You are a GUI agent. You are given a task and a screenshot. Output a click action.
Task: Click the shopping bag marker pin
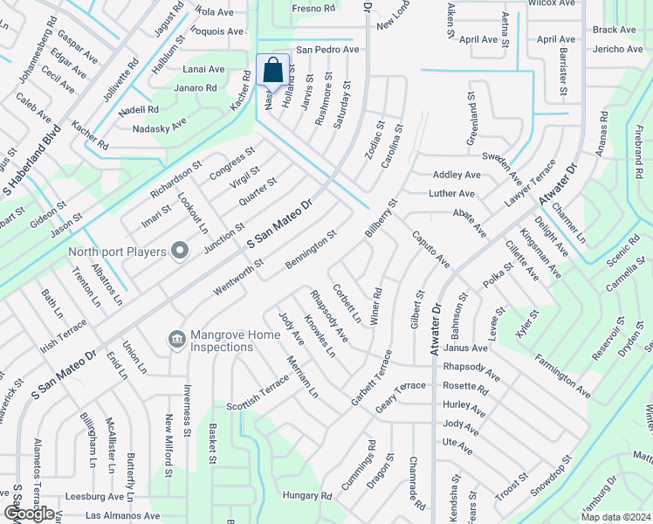tap(272, 70)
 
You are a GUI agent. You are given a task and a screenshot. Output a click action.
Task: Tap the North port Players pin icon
tap(180, 252)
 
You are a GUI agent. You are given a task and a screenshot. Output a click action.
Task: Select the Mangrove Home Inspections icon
tap(176, 338)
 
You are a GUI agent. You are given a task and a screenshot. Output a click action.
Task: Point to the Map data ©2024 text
tap(616, 517)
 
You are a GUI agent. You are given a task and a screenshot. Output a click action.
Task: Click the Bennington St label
tap(311, 250)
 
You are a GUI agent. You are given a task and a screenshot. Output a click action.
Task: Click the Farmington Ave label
tap(564, 382)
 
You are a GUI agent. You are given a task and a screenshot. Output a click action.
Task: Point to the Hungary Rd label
tap(307, 495)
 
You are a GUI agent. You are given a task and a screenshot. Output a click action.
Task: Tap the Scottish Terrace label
tap(257, 395)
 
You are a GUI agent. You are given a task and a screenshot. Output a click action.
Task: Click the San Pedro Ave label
tap(327, 50)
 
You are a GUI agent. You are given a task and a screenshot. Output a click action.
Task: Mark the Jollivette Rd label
tap(121, 77)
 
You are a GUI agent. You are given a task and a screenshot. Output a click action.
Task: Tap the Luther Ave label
tap(451, 193)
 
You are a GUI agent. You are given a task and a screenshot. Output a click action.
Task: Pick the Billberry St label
tap(381, 217)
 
